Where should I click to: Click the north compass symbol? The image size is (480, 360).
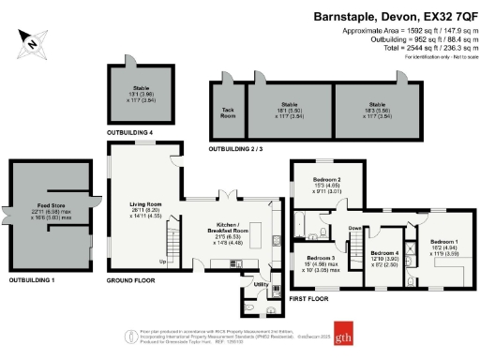[x=32, y=40]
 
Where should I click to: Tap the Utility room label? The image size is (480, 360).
[x=261, y=284]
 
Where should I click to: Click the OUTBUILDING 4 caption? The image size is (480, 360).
[x=131, y=134]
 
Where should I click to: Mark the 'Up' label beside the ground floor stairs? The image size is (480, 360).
[x=163, y=261]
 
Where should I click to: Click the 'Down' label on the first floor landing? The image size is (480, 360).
[x=354, y=229]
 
